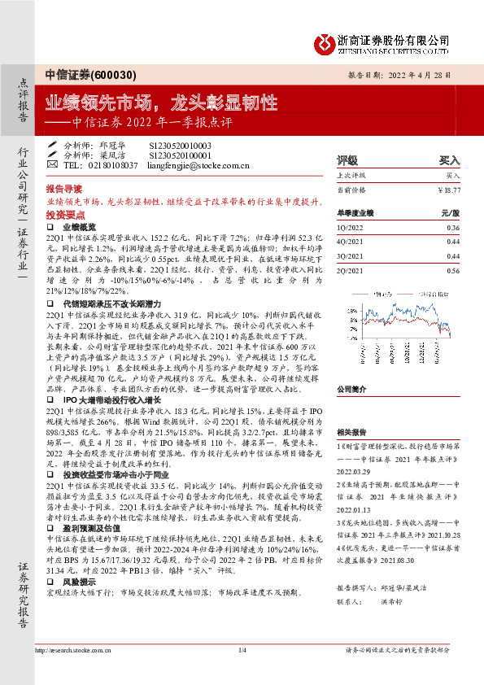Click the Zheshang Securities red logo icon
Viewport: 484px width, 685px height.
(x=328, y=41)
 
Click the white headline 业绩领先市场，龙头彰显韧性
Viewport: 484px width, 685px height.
(x=160, y=103)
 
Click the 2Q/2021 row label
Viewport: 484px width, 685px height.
(x=350, y=270)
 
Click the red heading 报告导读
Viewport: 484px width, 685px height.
(x=63, y=186)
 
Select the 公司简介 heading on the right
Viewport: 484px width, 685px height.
(x=352, y=389)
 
